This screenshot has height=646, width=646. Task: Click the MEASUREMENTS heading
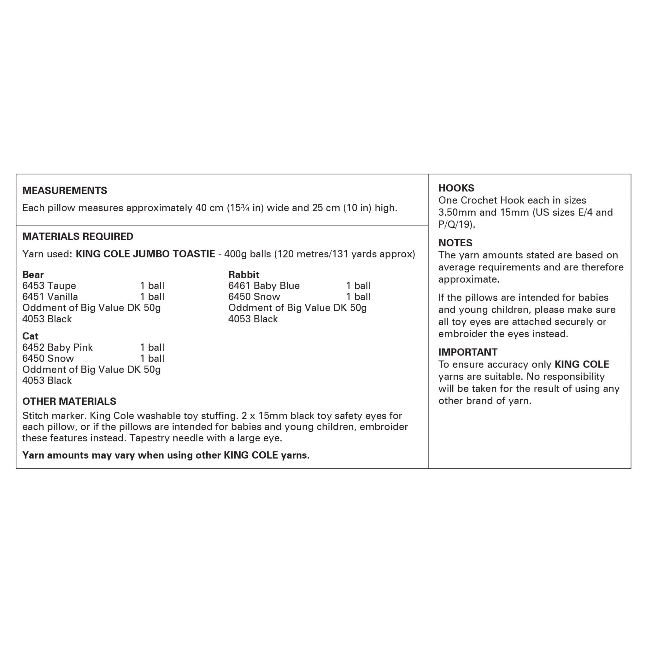(65, 191)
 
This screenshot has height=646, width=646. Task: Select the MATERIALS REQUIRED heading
(78, 236)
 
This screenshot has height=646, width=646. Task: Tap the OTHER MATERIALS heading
(69, 401)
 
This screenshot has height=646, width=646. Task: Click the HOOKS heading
(456, 188)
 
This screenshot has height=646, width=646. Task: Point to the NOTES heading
(455, 243)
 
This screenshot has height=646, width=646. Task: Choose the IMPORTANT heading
(468, 352)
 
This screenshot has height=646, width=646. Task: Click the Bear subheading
(33, 274)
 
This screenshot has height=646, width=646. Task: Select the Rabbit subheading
(244, 274)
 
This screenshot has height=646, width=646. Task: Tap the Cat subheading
(30, 336)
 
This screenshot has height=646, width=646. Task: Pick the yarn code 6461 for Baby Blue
(239, 285)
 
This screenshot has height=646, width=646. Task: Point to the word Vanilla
(62, 297)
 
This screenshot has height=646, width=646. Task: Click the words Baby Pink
(70, 347)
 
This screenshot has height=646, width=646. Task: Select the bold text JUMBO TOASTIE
(174, 254)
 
